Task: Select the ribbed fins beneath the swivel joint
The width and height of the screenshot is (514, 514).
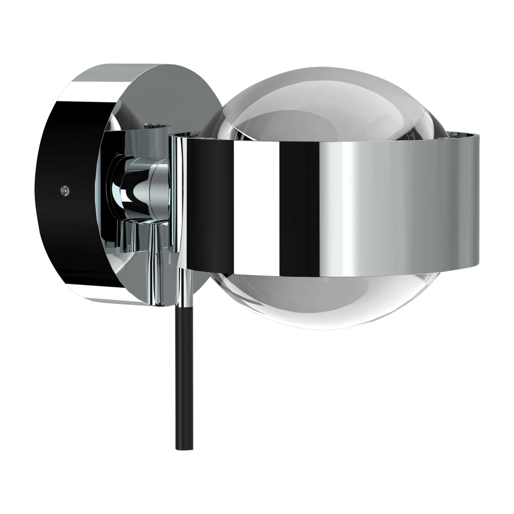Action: (x=137, y=236)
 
